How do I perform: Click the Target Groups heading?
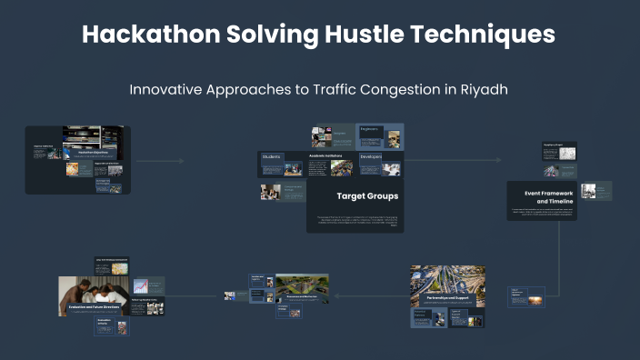[x=367, y=195]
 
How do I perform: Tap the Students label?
[x=272, y=157]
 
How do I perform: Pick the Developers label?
[x=371, y=156]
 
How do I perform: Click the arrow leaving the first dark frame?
[x=159, y=162]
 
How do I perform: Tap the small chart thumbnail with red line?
[x=141, y=286]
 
